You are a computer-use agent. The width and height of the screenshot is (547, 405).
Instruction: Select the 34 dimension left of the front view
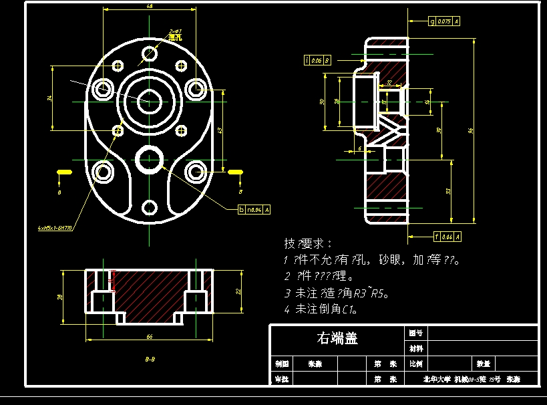[x=49, y=99]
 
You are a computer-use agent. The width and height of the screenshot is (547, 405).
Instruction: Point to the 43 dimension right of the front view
[x=220, y=130]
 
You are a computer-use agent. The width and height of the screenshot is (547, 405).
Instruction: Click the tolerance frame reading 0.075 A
[x=444, y=21]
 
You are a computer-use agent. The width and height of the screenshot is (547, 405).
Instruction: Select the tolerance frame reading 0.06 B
[x=317, y=61]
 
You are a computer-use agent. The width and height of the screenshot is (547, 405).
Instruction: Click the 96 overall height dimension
[x=470, y=130]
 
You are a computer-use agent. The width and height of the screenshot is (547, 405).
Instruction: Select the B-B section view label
[x=150, y=360]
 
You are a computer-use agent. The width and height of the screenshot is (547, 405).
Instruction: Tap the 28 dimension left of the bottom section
[x=59, y=297]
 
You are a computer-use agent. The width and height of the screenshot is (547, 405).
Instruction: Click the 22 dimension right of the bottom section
[x=239, y=291]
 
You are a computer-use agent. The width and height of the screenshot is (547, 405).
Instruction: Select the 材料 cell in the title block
[x=415, y=348]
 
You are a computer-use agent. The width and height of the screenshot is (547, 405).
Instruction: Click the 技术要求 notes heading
[x=308, y=243]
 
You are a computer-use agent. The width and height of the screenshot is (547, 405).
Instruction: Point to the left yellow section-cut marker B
[x=63, y=172]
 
